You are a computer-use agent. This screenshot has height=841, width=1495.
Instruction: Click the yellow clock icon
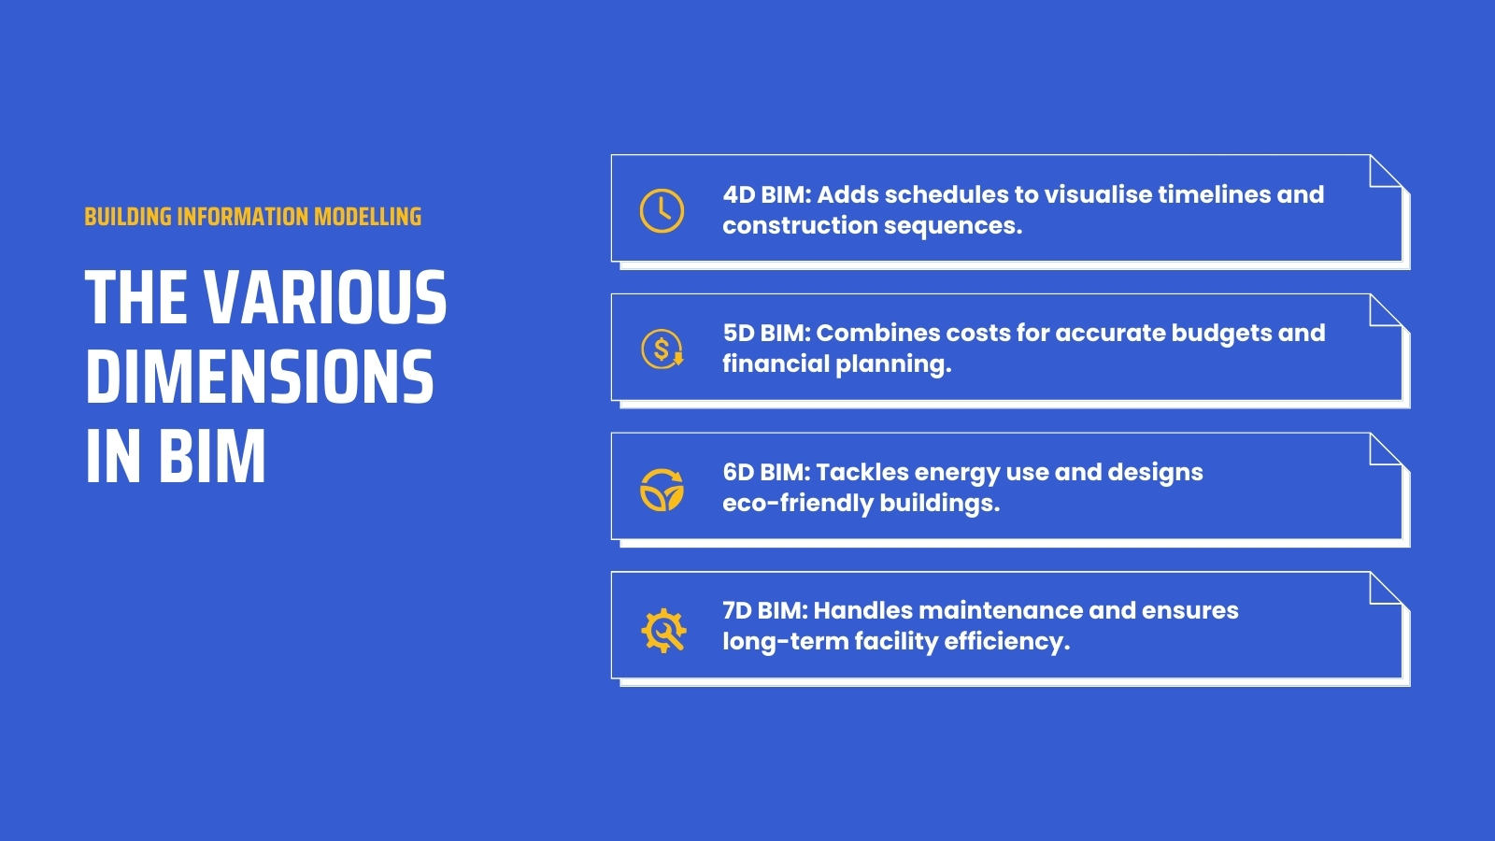662,210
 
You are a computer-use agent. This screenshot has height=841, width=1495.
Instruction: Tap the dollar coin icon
662,349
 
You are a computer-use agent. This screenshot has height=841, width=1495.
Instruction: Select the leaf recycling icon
662,490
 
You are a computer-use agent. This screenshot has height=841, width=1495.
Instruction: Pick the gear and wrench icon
663,629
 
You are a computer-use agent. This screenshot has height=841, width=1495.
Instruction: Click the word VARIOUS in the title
325,298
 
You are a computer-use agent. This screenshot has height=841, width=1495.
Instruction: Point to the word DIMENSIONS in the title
260,378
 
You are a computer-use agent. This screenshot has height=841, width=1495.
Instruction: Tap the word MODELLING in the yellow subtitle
367,217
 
